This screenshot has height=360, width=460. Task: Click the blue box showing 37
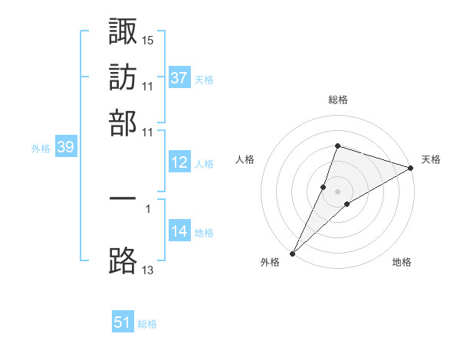[179, 78]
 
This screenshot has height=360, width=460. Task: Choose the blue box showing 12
[179, 162]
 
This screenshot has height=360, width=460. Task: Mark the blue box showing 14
[179, 231]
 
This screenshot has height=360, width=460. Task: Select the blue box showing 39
[65, 148]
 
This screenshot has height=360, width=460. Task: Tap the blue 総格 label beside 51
[147, 324]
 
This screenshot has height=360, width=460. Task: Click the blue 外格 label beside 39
[41, 149]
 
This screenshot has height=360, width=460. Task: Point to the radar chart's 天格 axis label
[431, 159]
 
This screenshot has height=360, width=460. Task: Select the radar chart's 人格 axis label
[245, 159]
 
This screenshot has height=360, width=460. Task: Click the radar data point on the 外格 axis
[293, 253]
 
